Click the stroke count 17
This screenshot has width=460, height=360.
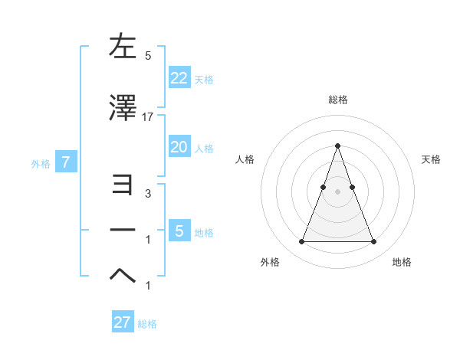pyautogui.click(x=148, y=117)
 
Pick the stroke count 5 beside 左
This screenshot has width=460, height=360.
pyautogui.click(x=148, y=56)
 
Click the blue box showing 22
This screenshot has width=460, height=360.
pyautogui.click(x=179, y=77)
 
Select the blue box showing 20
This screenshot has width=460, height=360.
pyautogui.click(x=179, y=147)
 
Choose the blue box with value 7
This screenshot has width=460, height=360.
pyautogui.click(x=66, y=162)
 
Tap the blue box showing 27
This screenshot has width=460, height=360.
pyautogui.click(x=122, y=322)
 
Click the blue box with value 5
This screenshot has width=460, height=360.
pyautogui.click(x=179, y=231)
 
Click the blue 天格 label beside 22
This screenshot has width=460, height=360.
pyautogui.click(x=204, y=79)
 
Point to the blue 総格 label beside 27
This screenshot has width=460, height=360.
pyautogui.click(x=147, y=324)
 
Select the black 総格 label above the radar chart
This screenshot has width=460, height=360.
pyautogui.click(x=337, y=100)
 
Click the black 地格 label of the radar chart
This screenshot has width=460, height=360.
pyautogui.click(x=402, y=262)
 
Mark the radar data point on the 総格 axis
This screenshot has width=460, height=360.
pyautogui.click(x=337, y=146)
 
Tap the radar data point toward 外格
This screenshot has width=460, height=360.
pyautogui.click(x=301, y=242)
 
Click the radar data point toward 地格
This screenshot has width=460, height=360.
pyautogui.click(x=374, y=242)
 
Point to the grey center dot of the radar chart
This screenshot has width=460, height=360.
pyautogui.click(x=337, y=191)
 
